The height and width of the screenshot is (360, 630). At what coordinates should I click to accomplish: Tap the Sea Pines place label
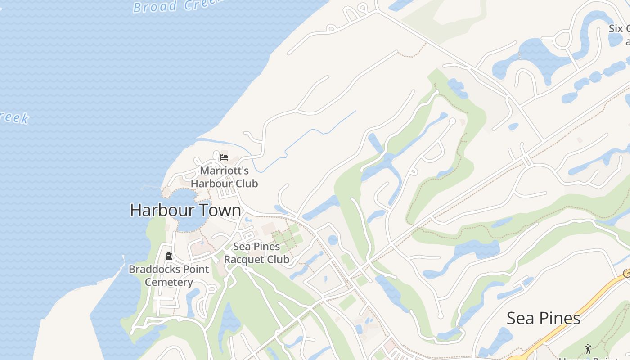(543, 318)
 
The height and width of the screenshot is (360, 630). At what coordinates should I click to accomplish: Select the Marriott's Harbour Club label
(224, 177)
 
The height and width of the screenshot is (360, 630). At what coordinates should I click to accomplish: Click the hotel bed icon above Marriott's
(224, 157)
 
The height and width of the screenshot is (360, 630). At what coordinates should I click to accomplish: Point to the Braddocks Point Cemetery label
(169, 275)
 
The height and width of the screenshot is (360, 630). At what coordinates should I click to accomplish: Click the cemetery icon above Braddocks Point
(169, 256)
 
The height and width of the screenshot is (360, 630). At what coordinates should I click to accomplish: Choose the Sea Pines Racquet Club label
(256, 253)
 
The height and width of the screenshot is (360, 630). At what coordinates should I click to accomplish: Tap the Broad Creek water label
(178, 5)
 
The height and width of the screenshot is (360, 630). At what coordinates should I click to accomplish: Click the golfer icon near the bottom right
(588, 349)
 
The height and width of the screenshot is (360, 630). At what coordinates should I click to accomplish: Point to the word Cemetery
(169, 282)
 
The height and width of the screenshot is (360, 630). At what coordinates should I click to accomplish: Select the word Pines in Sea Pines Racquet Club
(266, 247)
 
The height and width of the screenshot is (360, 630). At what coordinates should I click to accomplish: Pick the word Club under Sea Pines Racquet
(277, 260)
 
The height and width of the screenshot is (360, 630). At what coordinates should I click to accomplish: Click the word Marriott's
(224, 171)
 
